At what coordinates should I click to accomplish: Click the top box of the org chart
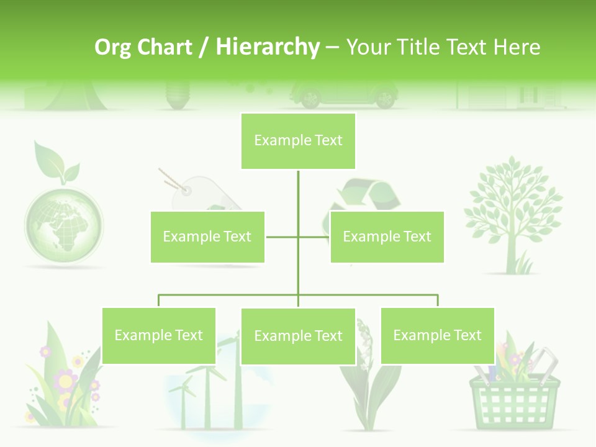point(298,141)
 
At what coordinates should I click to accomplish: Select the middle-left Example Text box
point(207,237)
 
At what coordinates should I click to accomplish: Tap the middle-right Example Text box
point(387,237)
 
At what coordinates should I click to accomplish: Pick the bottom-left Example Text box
point(159,335)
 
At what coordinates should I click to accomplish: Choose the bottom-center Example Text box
point(298,336)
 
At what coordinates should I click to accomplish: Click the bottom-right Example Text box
point(437,335)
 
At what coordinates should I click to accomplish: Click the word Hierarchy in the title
point(268,47)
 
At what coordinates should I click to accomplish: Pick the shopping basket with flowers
point(515,391)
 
